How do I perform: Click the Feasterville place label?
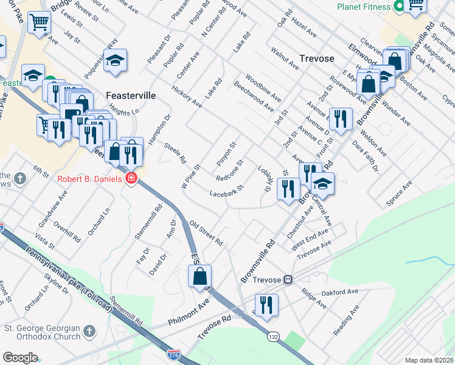tap(131, 96)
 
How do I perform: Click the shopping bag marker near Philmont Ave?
tap(200, 277)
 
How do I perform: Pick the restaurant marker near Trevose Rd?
tap(266, 305)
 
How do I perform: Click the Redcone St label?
tap(230, 170)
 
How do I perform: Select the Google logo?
tap(20, 358)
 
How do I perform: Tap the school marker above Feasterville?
tap(114, 61)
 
